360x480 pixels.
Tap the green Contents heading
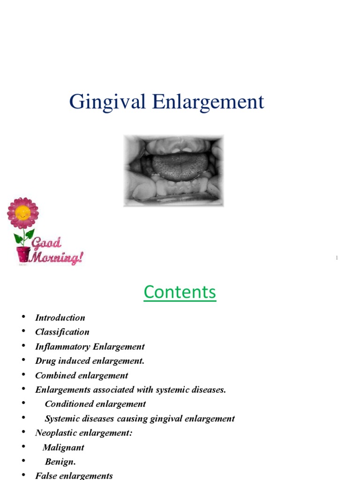(x=180, y=292)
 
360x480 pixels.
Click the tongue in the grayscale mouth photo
(x=180, y=167)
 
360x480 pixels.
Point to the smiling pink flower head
(x=22, y=213)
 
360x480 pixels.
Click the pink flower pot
(x=23, y=254)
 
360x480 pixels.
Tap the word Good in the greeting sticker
(x=46, y=243)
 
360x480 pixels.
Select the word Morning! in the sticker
(x=57, y=257)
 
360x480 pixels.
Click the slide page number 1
(x=337, y=258)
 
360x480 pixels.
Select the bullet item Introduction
(x=60, y=318)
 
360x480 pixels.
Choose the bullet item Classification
(x=62, y=332)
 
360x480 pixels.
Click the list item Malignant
(x=63, y=448)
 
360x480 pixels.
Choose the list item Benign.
(x=60, y=462)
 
